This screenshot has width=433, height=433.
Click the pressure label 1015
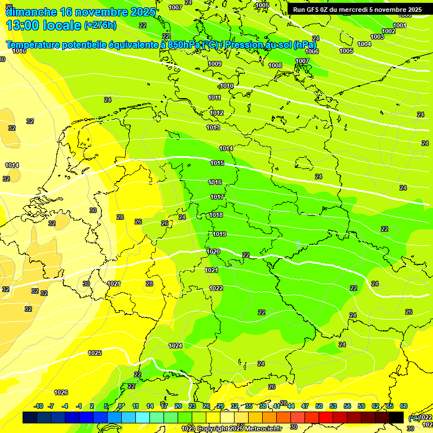(x=217, y=164)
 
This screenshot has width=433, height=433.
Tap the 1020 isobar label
(x=213, y=252)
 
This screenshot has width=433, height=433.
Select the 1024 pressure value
(x=175, y=346)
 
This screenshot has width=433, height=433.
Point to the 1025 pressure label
(x=95, y=354)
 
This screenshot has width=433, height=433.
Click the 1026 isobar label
(x=61, y=393)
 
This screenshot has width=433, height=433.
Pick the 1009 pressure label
(x=215, y=64)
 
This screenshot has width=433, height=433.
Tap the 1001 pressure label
(x=400, y=25)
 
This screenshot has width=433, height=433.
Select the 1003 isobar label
(x=377, y=37)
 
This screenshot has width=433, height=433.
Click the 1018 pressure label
(x=216, y=215)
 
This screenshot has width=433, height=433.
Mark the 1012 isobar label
(x=217, y=113)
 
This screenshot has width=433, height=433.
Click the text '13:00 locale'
(x=43, y=25)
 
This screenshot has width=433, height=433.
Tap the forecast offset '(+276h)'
(x=100, y=25)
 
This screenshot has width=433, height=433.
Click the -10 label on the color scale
(x=38, y=407)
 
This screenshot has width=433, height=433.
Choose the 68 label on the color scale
(x=404, y=407)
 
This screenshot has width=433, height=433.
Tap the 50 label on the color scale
(x=319, y=407)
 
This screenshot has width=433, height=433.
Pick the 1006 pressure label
(x=312, y=51)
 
